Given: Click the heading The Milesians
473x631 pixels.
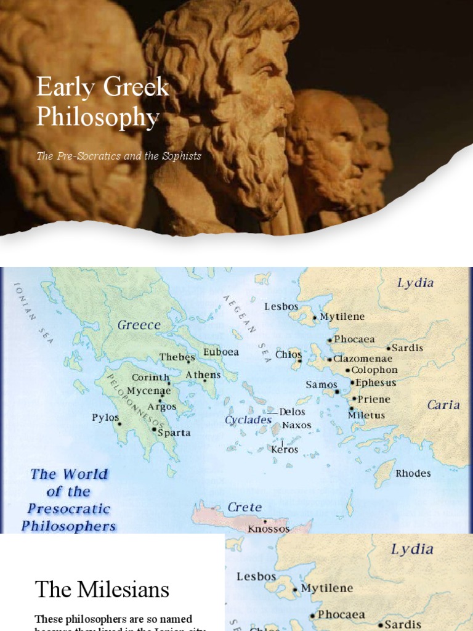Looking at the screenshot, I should [x=102, y=590].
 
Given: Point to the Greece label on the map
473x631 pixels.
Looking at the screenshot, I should [x=139, y=325].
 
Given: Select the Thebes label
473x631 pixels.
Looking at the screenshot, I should [x=177, y=357].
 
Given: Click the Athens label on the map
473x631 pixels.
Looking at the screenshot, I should [x=203, y=375].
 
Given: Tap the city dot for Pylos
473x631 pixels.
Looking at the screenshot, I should [x=120, y=423].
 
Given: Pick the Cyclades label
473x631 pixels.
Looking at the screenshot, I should [x=248, y=420].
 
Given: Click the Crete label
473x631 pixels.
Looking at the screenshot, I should [x=245, y=507].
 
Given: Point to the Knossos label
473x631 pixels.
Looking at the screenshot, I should [x=269, y=529].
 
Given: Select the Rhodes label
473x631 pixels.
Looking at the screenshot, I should [x=413, y=473].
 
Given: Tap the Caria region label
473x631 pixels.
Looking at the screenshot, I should [x=443, y=405].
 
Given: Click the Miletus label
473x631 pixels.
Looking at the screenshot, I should [x=366, y=415].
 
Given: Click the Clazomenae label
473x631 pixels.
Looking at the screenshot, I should [x=363, y=359].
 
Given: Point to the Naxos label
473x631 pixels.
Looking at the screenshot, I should [x=297, y=425].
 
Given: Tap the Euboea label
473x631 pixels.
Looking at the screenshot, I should [x=221, y=352].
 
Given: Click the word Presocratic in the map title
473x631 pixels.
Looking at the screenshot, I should [x=68, y=509].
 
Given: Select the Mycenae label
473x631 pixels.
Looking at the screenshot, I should [x=149, y=391].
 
